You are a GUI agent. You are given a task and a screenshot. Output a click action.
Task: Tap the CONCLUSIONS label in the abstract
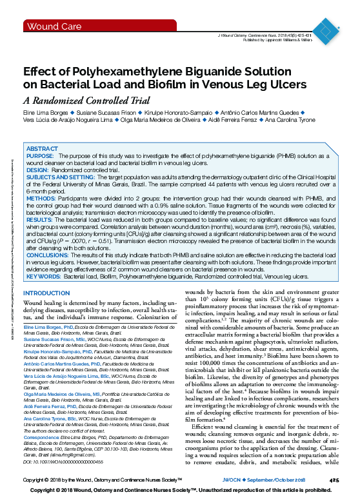pyautogui.click(x=48, y=255)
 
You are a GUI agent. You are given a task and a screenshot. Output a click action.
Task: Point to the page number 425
pyautogui.click(x=334, y=480)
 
